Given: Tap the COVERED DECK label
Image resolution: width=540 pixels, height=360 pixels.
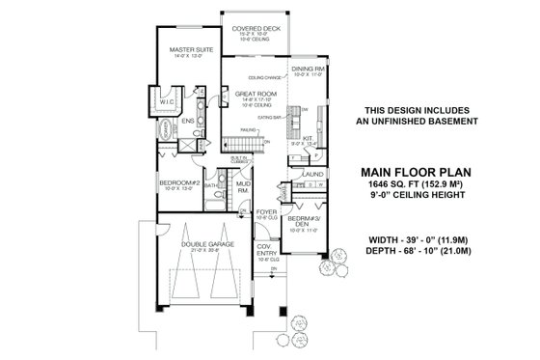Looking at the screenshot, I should point(256,30).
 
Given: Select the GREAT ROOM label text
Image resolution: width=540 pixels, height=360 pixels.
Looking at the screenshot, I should point(256,94).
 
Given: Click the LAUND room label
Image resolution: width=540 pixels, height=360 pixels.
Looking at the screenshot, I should point(311,174).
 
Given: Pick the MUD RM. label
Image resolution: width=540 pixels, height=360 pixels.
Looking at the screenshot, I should point(244,187).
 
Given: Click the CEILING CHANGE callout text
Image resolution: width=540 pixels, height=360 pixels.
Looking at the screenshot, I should point(263,77).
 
